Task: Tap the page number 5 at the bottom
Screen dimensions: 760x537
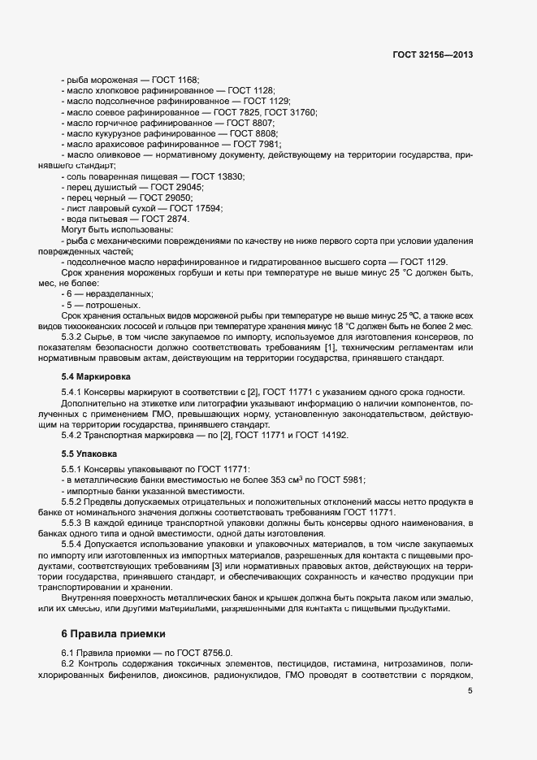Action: coord(470,691)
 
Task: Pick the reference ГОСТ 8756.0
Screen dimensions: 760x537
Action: coord(206,652)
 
